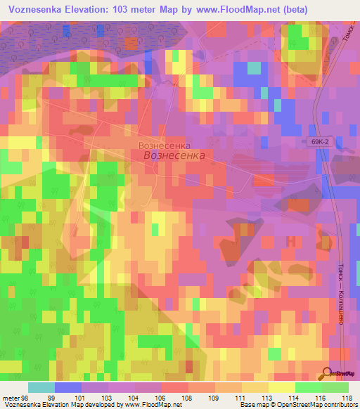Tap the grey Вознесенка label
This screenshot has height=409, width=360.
(x=165, y=145)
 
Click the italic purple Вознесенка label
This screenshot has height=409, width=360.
(x=174, y=155)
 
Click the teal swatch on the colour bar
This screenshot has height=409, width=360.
(x=41, y=387)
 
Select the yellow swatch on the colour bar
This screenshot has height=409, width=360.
(x=281, y=387)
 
